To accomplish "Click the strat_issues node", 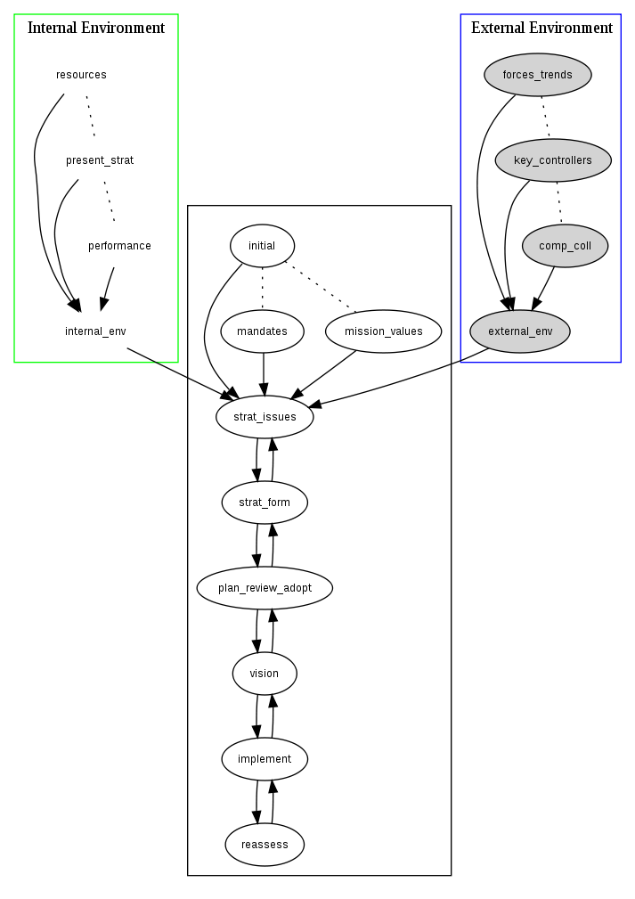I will tap(265, 417).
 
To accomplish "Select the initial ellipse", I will tap(262, 246).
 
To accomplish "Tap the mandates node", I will tap(262, 331).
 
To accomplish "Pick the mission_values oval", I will tap(384, 331).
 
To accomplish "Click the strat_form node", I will tap(265, 503).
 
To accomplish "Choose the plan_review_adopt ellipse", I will tap(265, 588).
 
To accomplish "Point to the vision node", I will tap(265, 674).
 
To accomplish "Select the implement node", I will tap(265, 759).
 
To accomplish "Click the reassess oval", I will tap(265, 844).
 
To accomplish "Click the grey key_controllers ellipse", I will tap(553, 160).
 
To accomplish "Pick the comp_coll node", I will tap(565, 246).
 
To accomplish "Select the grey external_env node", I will tap(520, 331).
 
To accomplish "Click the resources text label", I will tap(81, 75).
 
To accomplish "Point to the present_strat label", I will tap(100, 160).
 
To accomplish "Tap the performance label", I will tap(119, 246).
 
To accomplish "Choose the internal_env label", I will tap(95, 331).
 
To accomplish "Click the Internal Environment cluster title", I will tap(96, 28).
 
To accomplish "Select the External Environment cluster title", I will tap(541, 28).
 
